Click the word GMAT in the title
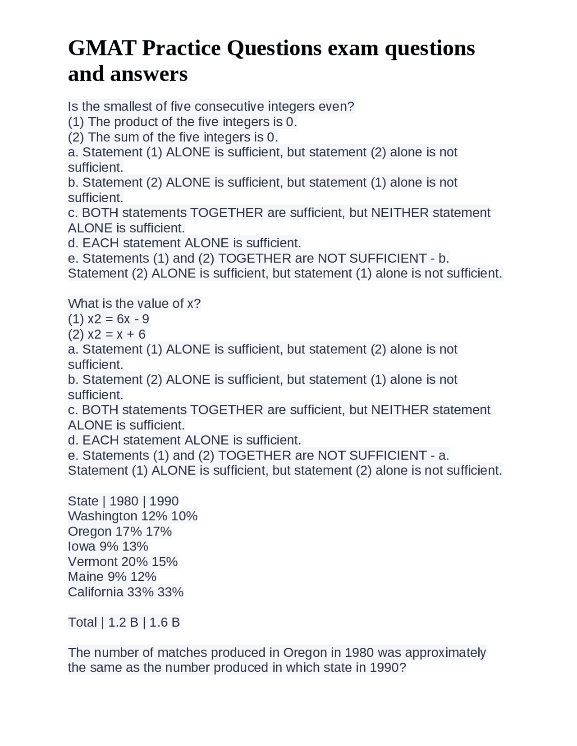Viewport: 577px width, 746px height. pos(102,48)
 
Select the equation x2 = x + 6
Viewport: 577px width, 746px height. pos(116,334)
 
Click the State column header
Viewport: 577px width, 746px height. pos(83,501)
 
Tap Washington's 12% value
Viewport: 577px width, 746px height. pos(154,516)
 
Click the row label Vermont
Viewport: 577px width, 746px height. pos(92,562)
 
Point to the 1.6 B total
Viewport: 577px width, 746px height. pos(165,622)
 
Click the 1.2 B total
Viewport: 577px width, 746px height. pos(123,622)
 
